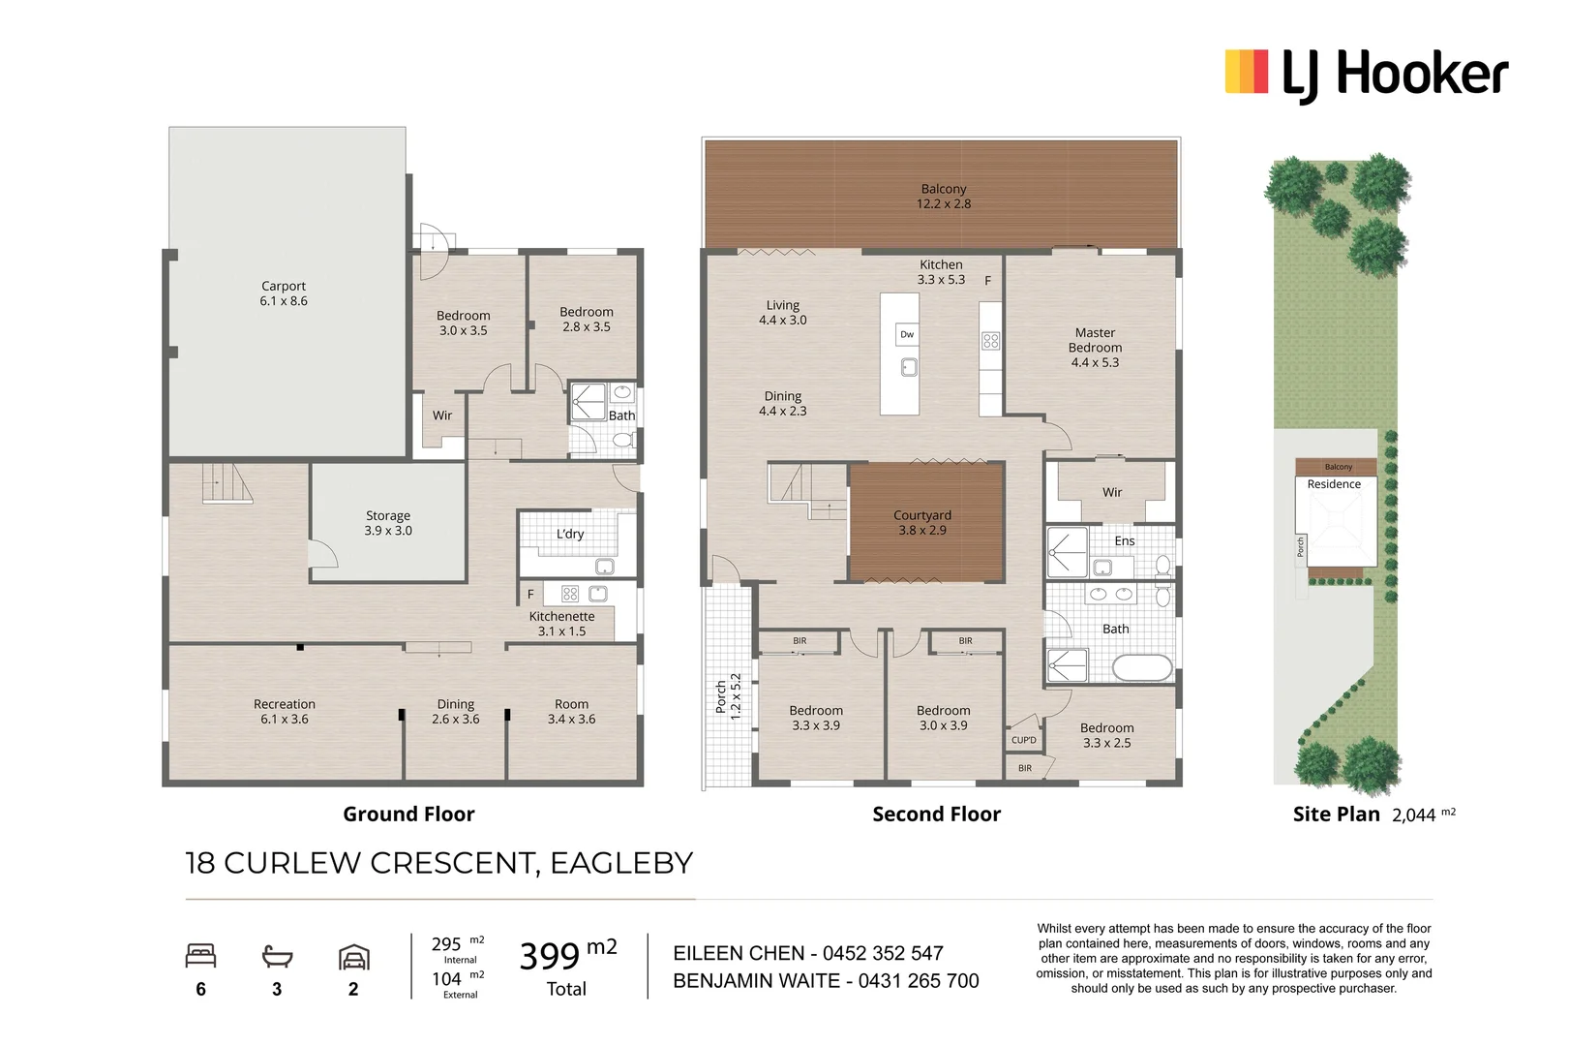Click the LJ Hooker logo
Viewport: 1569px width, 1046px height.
[x=1366, y=74]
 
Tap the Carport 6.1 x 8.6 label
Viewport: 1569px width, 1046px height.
[x=284, y=293]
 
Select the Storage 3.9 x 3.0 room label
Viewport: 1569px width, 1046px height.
[x=388, y=523]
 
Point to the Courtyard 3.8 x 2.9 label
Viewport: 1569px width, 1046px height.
[x=922, y=523]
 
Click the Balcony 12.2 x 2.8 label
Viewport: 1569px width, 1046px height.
[x=944, y=197]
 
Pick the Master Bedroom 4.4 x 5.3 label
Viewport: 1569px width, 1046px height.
[x=1095, y=348]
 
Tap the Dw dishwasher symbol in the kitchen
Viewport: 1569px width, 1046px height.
[x=907, y=334]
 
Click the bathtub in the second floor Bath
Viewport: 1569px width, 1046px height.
[x=1142, y=668]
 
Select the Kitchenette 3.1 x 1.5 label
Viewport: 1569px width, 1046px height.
[x=561, y=624]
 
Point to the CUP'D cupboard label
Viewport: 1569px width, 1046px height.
[x=1023, y=740]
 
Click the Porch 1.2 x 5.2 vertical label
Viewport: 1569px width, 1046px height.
[x=728, y=696]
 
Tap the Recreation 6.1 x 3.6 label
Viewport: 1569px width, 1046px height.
[x=284, y=712]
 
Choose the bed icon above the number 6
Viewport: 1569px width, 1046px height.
[x=200, y=956]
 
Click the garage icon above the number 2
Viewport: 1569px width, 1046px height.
[x=353, y=957]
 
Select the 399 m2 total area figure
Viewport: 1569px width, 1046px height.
[x=567, y=957]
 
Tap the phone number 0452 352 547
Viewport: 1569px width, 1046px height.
[x=883, y=954]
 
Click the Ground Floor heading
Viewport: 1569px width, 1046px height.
[x=408, y=815]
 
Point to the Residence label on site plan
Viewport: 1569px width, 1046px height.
[x=1334, y=484]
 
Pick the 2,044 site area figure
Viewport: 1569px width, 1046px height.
[x=1414, y=815]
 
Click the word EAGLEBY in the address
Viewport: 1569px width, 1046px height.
[x=621, y=863]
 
